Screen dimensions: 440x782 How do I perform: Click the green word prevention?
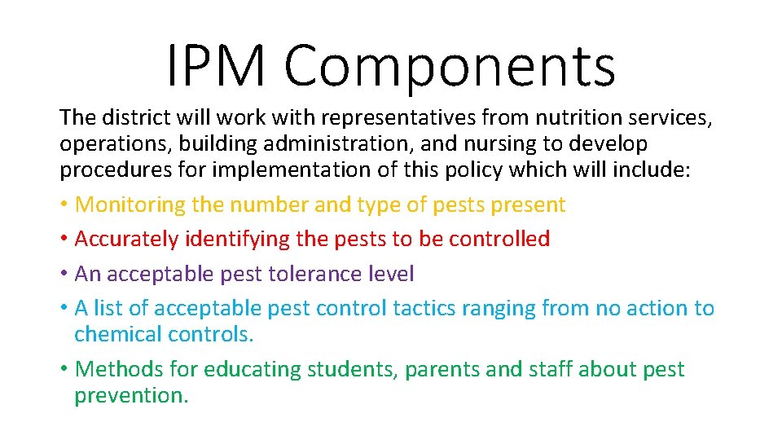click(130, 396)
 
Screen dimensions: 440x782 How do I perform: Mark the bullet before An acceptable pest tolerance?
click(64, 275)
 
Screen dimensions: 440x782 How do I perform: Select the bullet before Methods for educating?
click(64, 370)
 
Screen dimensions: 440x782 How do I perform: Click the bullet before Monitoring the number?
click(64, 205)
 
